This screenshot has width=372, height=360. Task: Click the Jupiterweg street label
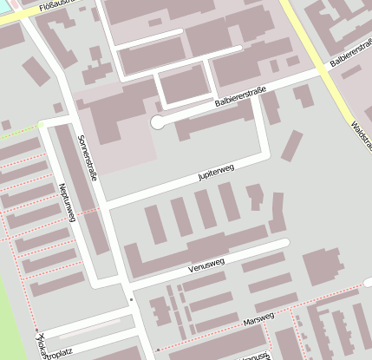pos(217,173)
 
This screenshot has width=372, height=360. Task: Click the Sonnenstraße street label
pos(88,157)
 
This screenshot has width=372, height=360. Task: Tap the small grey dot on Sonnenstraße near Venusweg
pos(131,299)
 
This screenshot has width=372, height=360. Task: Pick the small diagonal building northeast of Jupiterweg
pos(292,145)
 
